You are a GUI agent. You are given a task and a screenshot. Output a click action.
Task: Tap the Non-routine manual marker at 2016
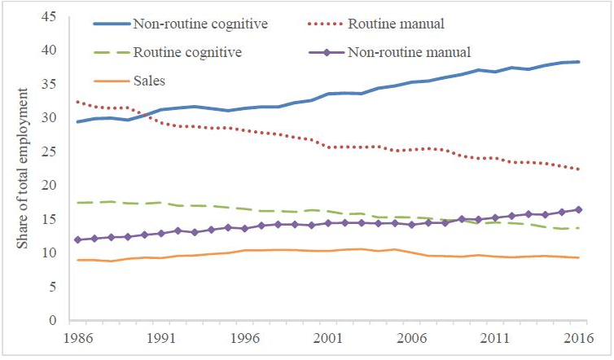click(579, 209)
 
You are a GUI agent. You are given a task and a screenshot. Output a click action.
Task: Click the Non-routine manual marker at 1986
click(78, 239)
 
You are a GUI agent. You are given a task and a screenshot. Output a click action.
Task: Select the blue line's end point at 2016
click(579, 62)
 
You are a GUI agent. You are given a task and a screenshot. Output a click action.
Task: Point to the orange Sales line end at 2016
click(579, 257)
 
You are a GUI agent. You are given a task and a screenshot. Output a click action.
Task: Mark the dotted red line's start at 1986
click(78, 102)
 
